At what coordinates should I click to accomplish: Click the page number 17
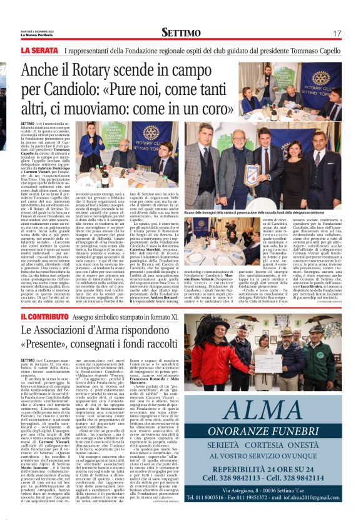click(337, 32)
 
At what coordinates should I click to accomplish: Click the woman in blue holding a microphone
click(92, 148)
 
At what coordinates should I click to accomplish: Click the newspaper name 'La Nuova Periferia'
click(36, 35)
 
